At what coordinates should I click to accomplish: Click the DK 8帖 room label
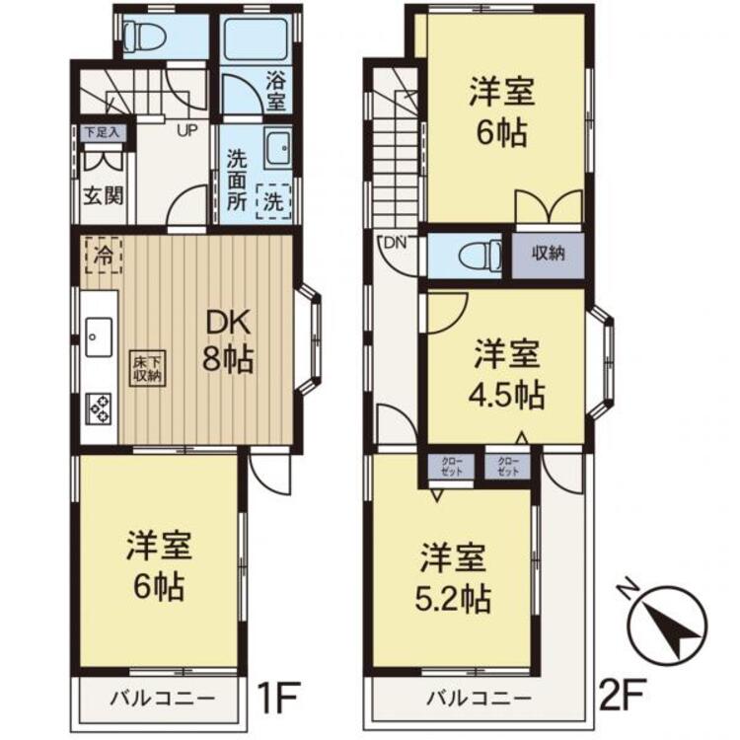tap(229, 340)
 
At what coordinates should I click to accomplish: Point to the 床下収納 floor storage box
tap(150, 367)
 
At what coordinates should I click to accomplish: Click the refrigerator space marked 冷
tap(102, 255)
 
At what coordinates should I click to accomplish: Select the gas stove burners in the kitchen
tap(100, 407)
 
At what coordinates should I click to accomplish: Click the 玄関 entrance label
tap(103, 194)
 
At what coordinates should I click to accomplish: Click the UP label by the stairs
tap(185, 128)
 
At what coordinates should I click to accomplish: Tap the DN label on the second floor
tap(395, 243)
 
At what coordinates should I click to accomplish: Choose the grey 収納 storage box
tap(549, 254)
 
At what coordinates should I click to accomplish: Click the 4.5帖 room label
tap(505, 375)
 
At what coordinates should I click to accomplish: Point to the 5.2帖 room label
tap(455, 577)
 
